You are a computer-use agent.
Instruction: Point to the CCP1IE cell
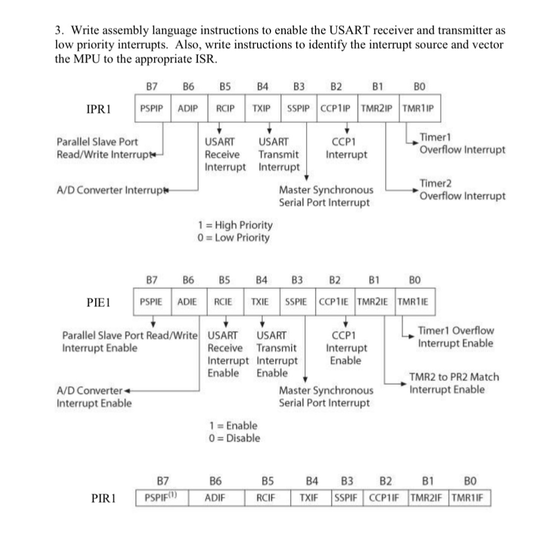[x=335, y=301]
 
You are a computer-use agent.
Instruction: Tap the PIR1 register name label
[x=104, y=498]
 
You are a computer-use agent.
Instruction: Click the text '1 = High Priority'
[x=235, y=225]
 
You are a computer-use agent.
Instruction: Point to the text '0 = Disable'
[x=235, y=438]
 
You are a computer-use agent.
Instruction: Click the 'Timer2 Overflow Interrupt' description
[x=462, y=190]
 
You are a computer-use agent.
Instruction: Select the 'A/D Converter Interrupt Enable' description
[x=94, y=397]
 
